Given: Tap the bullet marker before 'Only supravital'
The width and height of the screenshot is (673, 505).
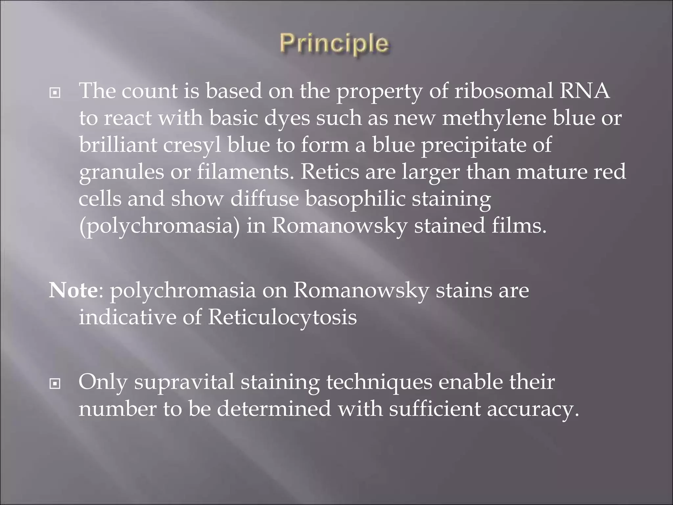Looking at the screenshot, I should click(55, 383).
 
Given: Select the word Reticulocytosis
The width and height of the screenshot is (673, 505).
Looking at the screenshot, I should click(282, 318).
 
